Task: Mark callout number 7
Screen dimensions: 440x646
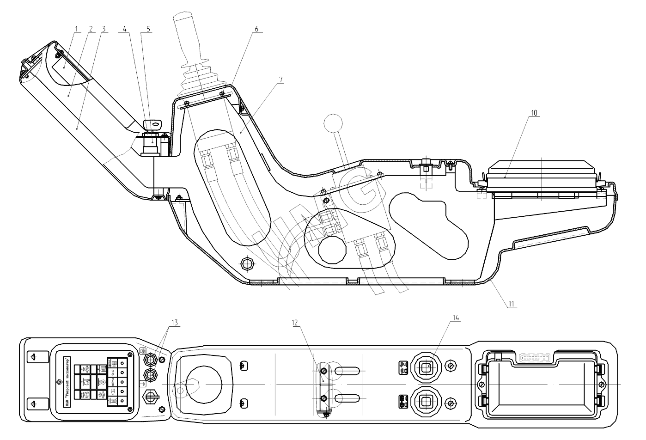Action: tap(281, 79)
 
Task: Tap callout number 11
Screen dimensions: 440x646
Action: tap(512, 304)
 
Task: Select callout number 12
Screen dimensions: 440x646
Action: tap(294, 323)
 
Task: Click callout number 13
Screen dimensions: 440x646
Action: tap(173, 323)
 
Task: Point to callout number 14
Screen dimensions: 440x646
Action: tap(456, 318)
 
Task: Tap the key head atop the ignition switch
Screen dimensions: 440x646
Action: tap(153, 124)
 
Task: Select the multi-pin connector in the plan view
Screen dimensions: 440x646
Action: tap(535, 358)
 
